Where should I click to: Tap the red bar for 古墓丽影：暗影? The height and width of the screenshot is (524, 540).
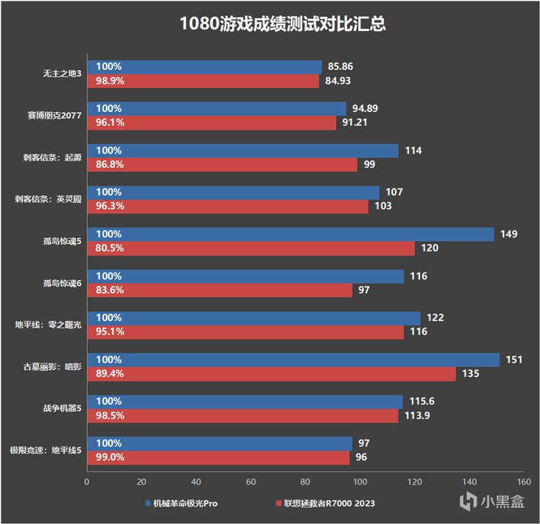[270, 374]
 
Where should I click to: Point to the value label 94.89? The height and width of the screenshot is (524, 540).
[365, 109]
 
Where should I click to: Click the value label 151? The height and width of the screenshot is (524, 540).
[515, 360]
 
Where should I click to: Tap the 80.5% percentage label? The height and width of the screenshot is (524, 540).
[110, 248]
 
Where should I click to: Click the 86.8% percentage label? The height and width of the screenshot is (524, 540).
[110, 165]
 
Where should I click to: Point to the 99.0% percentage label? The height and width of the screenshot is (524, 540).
[110, 457]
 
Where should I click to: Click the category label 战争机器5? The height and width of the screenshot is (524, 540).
[61, 408]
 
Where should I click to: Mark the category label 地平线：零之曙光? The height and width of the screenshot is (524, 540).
[48, 324]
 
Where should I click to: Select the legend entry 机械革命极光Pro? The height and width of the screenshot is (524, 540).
[181, 503]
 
